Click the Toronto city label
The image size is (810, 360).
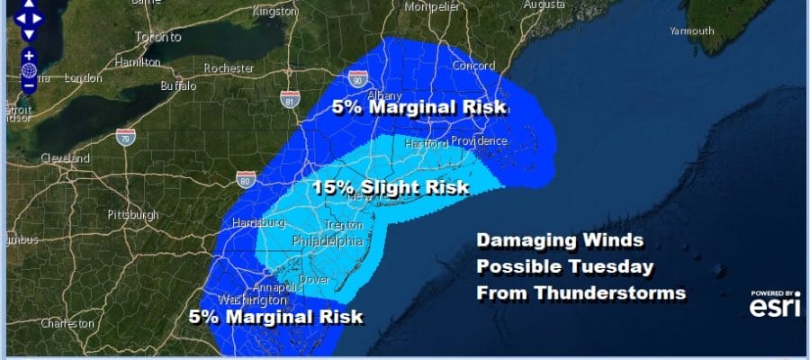pos(157,38)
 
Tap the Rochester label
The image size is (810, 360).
pos(229,67)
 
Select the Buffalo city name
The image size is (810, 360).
pos(177,86)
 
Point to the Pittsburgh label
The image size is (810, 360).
pos(132,215)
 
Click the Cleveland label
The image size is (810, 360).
pos(65,158)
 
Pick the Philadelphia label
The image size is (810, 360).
pos(328,241)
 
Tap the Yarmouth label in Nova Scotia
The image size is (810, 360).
pos(691,31)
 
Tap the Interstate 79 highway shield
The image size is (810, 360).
pos(125,137)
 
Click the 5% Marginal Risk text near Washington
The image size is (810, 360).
pos(275,317)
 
